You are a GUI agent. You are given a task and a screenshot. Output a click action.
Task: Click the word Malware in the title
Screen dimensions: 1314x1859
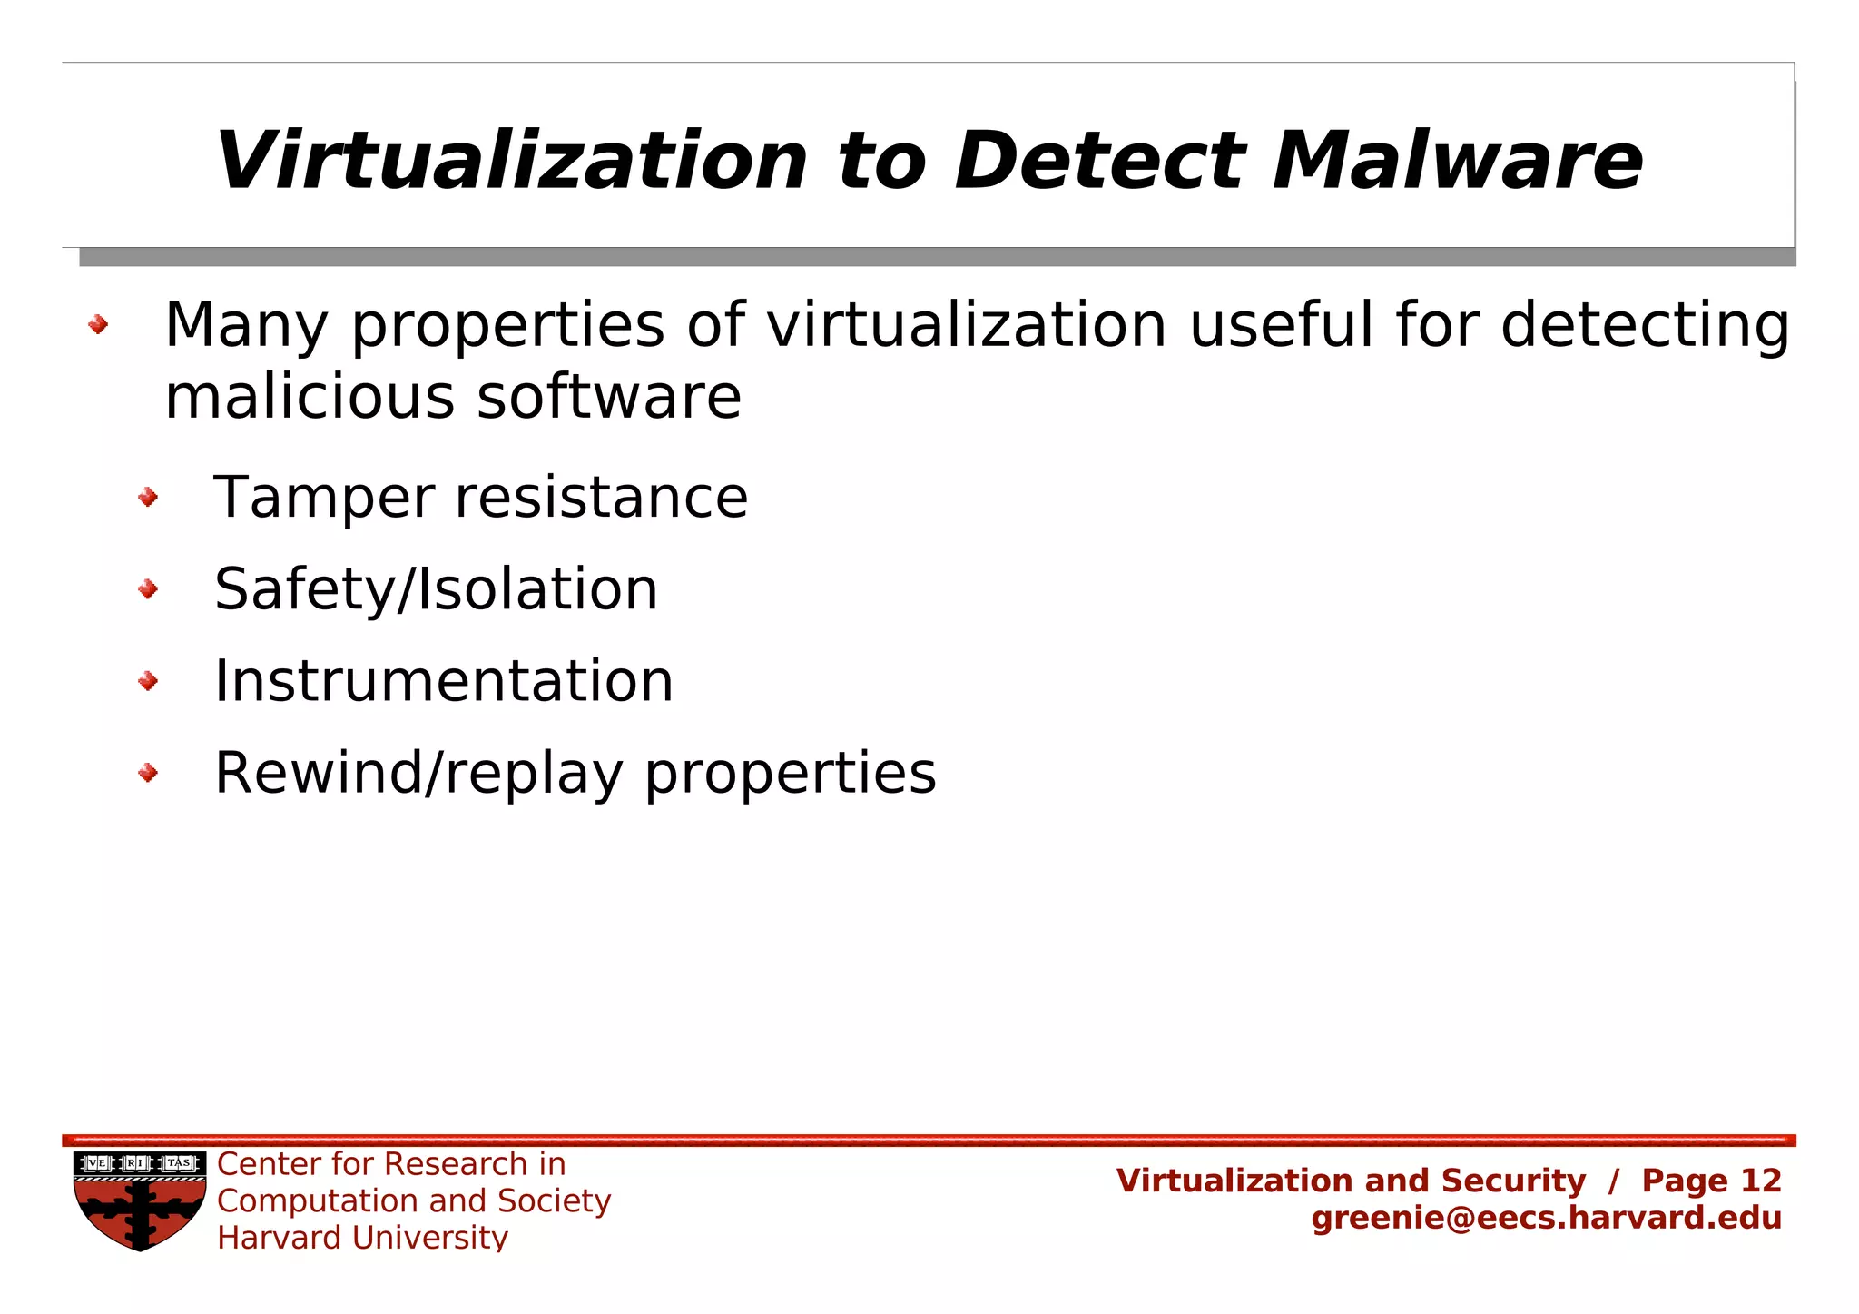[x=1457, y=161]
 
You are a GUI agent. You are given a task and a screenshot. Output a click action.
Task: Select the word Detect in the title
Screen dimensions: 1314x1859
[x=1099, y=161]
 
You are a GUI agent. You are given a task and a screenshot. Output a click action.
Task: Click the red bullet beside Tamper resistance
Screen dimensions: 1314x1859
[x=148, y=497]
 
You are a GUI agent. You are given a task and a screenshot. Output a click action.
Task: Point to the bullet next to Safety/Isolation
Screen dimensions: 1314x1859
[x=148, y=589]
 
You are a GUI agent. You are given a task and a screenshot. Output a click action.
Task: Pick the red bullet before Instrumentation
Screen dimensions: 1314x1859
[x=148, y=681]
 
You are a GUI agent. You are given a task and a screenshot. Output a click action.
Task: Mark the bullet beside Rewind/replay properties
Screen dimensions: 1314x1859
[x=148, y=773]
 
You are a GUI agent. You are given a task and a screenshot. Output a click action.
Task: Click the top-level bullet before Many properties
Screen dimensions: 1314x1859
[x=98, y=324]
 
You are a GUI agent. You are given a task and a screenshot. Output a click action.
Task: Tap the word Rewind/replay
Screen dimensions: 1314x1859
[x=418, y=774]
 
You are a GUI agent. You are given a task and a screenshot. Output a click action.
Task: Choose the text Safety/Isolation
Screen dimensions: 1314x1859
[x=436, y=589]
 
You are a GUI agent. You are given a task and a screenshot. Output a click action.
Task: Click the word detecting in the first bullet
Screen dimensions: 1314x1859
[x=1645, y=325]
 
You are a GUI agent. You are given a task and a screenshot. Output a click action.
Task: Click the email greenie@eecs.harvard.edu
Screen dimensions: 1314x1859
[x=1546, y=1218]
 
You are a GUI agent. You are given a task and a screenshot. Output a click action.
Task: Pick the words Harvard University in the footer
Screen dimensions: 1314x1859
[x=362, y=1238]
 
